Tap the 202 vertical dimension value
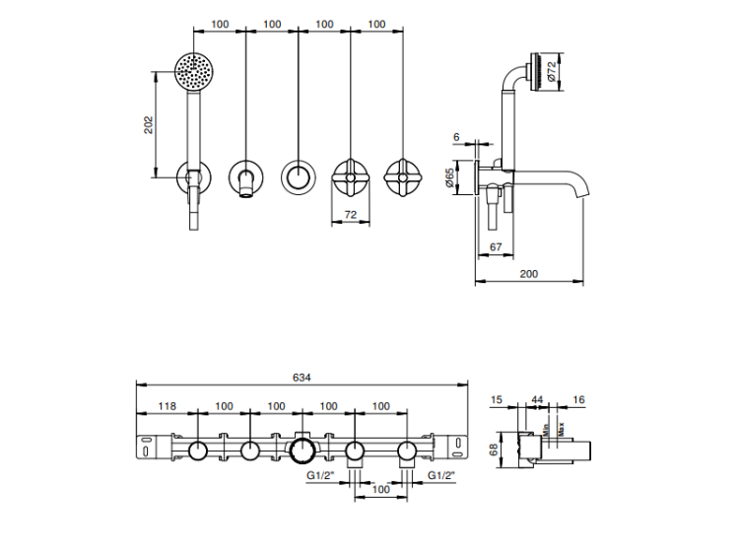pyautogui.click(x=149, y=124)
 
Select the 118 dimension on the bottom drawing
pyautogui.click(x=167, y=406)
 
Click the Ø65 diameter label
pyautogui.click(x=450, y=178)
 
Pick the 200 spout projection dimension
pyautogui.click(x=529, y=274)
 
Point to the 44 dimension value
pyautogui.click(x=538, y=399)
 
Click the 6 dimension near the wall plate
pyautogui.click(x=456, y=137)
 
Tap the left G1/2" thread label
pyautogui.click(x=321, y=475)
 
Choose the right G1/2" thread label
pyautogui.click(x=442, y=475)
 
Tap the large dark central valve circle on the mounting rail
pyautogui.click(x=302, y=452)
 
